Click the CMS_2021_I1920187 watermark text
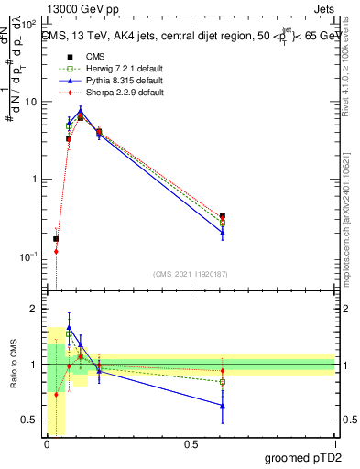point(191,274)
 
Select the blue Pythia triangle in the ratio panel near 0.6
point(223,405)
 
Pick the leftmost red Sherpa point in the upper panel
point(56,251)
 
